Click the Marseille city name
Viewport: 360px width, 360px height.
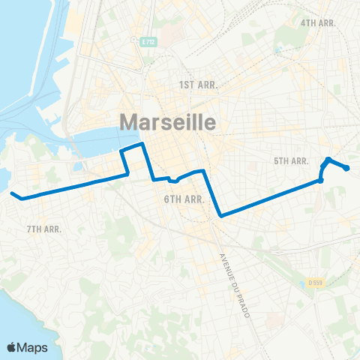[x=168, y=122]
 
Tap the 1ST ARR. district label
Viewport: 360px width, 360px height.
[x=198, y=85]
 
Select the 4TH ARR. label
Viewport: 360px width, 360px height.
[x=319, y=22]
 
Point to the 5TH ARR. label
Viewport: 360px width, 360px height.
[x=292, y=161]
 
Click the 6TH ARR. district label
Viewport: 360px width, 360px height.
[x=184, y=199]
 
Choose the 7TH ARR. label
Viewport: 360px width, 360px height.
[x=43, y=229]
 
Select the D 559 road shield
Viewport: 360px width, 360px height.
[x=316, y=283]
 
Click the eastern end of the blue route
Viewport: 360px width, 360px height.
[x=347, y=168]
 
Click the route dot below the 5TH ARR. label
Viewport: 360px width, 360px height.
[x=320, y=180]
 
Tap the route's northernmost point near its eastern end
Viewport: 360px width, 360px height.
[x=328, y=160]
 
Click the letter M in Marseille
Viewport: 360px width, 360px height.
[x=130, y=122]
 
